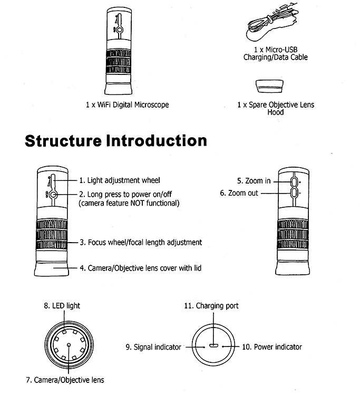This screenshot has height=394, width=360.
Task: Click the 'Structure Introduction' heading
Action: [116, 141]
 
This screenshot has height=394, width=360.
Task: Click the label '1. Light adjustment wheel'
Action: [120, 180]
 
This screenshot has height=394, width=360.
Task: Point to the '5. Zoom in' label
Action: [254, 181]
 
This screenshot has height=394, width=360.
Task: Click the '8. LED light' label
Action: [62, 306]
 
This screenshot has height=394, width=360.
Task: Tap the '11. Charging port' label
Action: [211, 306]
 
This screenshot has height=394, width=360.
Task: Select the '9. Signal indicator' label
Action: [153, 347]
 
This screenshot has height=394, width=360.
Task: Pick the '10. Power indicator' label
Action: [272, 347]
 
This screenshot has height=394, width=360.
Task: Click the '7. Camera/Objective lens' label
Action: [65, 380]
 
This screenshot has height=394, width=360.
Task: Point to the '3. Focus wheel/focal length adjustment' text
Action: [141, 243]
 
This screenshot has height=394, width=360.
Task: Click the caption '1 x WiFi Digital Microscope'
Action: [127, 105]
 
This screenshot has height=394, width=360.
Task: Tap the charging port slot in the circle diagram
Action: [213, 347]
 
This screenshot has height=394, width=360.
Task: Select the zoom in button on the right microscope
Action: [293, 181]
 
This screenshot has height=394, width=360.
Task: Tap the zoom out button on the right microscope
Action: [293, 194]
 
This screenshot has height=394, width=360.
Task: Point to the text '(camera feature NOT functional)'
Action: [129, 203]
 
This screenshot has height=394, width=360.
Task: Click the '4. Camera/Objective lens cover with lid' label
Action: [140, 268]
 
